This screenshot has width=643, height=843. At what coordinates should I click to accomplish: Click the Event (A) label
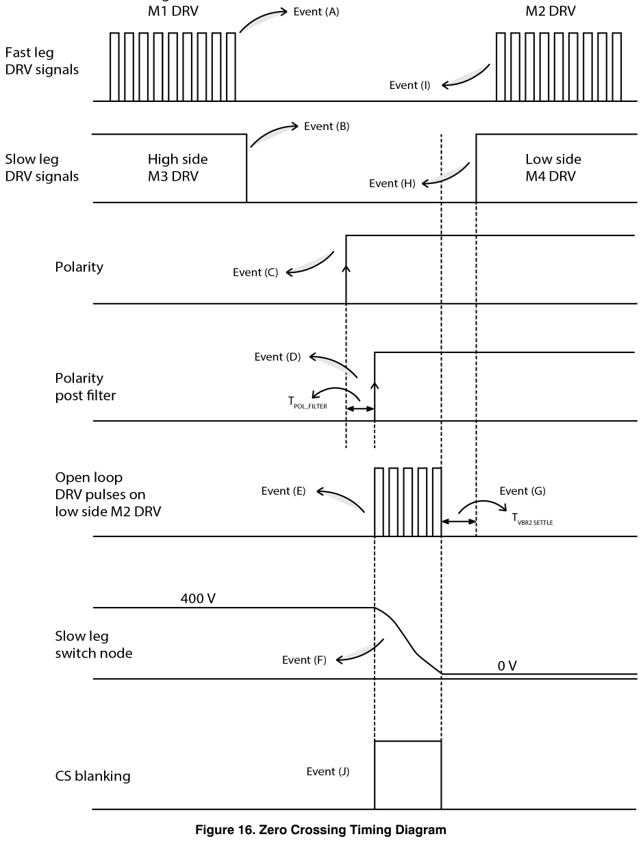[316, 12]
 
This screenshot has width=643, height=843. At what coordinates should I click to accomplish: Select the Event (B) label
[327, 127]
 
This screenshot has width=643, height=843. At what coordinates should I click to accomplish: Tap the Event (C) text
[255, 272]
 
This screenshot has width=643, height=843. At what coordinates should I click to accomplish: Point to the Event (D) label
[277, 356]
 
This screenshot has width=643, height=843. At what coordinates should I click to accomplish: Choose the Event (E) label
[283, 491]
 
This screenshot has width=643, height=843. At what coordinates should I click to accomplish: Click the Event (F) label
[304, 660]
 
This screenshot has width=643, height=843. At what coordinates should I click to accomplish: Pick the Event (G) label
[522, 491]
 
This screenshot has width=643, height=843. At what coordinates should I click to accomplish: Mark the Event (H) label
[392, 183]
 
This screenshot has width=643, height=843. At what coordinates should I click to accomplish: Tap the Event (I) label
[409, 86]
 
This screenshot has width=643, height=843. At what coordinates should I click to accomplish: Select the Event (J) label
[327, 772]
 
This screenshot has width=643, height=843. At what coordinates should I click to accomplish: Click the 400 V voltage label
[198, 598]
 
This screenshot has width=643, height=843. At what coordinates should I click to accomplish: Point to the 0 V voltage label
[507, 666]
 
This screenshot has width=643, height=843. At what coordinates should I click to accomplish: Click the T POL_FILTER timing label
[307, 402]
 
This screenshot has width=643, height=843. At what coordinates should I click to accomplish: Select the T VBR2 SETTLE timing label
[532, 519]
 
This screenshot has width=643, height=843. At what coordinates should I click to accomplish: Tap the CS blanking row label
[92, 776]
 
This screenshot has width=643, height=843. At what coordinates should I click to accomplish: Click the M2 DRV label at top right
[551, 11]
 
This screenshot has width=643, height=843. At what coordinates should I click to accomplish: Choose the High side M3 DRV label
[177, 168]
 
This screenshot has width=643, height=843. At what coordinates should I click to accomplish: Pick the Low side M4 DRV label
[553, 168]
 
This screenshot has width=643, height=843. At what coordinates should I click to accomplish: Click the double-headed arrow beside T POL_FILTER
[360, 408]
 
